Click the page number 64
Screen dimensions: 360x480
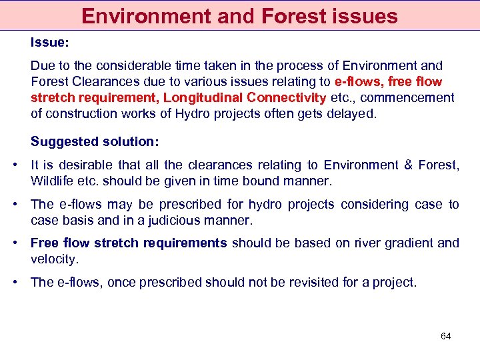(x=446, y=336)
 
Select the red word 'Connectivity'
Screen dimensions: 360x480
(x=281, y=98)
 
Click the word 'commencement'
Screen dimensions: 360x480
(x=409, y=98)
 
